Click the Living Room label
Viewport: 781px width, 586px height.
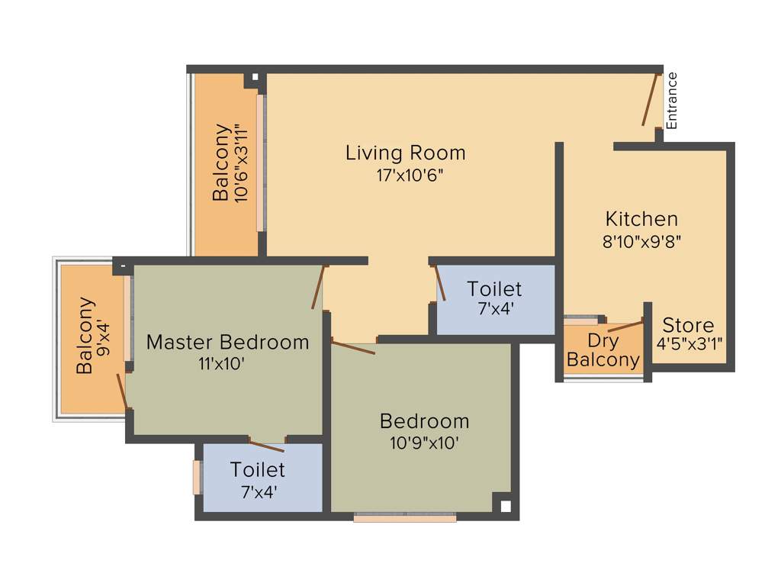405,153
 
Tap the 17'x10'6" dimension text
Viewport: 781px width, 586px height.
405,175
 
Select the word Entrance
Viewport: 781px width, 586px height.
671,100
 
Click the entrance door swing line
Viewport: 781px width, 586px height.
649,99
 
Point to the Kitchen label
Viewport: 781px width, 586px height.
641,219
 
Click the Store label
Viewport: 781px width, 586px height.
688,325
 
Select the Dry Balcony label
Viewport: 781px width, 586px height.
603,350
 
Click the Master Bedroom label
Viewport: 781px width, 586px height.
227,342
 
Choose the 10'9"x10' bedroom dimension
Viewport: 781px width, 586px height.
424,443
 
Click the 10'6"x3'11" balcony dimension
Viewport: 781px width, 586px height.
242,163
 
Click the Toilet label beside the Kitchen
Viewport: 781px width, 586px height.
494,289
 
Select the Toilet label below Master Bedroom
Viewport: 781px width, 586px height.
257,469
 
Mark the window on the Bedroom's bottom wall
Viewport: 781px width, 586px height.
405,517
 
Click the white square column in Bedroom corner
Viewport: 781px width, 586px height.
504,504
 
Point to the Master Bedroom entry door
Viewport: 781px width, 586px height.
319,287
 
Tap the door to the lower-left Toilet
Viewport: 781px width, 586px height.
267,446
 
